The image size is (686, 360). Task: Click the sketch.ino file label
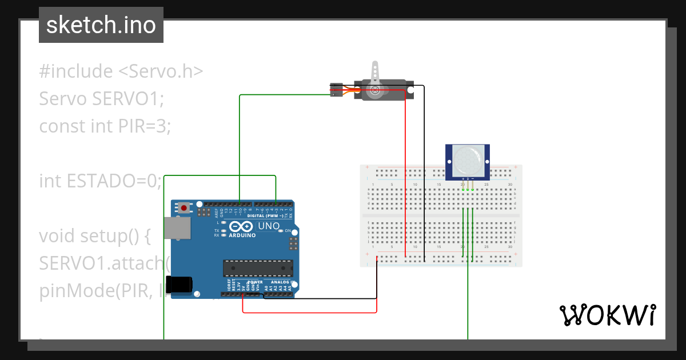pos(101,25)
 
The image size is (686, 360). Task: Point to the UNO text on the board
pos(268,226)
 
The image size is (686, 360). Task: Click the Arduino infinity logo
pos(241,227)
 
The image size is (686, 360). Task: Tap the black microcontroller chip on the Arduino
pos(258,268)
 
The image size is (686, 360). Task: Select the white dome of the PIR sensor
pos(467,161)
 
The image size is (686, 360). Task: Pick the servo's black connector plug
pos(336,90)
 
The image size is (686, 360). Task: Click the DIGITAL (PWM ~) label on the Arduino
pos(265,216)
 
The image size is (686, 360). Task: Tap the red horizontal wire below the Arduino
pos(309,313)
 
